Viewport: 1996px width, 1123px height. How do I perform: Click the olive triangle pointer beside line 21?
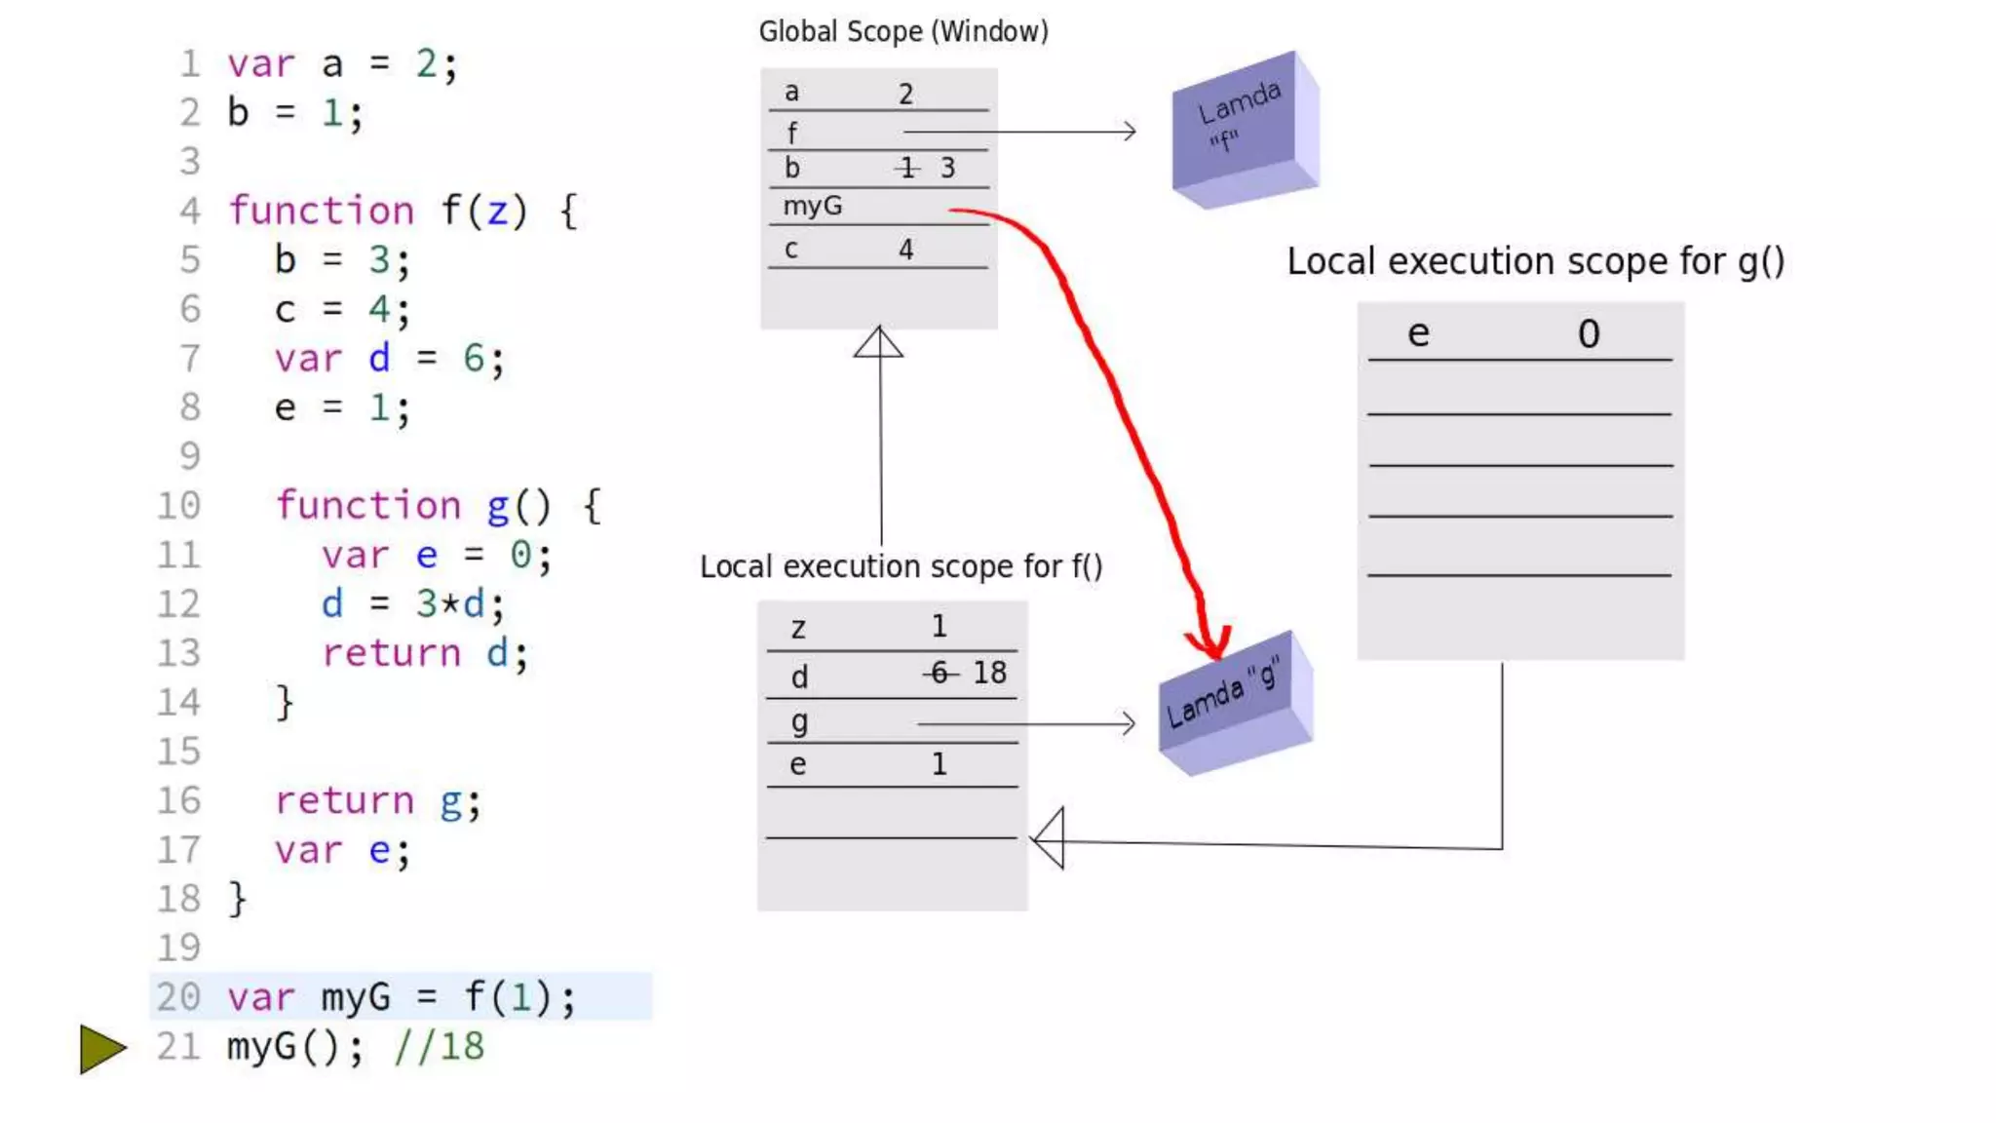point(101,1049)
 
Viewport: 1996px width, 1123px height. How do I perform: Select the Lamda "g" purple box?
point(1234,704)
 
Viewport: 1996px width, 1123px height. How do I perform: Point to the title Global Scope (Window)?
point(903,32)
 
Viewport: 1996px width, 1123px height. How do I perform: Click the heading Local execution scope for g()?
point(1535,262)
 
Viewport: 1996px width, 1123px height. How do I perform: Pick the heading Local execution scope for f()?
point(901,566)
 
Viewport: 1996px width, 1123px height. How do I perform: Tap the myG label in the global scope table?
point(812,207)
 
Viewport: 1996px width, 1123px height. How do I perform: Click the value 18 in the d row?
point(989,673)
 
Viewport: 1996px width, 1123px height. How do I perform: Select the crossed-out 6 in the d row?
point(940,673)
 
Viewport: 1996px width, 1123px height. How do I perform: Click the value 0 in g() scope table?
point(1589,334)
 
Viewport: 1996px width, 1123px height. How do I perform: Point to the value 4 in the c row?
point(905,250)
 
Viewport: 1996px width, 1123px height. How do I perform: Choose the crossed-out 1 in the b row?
point(907,169)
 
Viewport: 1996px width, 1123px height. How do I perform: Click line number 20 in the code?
point(178,997)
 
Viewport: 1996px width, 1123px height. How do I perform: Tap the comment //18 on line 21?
point(440,1047)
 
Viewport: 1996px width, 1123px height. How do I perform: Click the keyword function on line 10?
point(368,506)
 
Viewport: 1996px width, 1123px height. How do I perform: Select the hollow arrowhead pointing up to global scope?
point(878,342)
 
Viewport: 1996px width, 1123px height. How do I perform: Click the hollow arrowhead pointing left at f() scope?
point(1050,837)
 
